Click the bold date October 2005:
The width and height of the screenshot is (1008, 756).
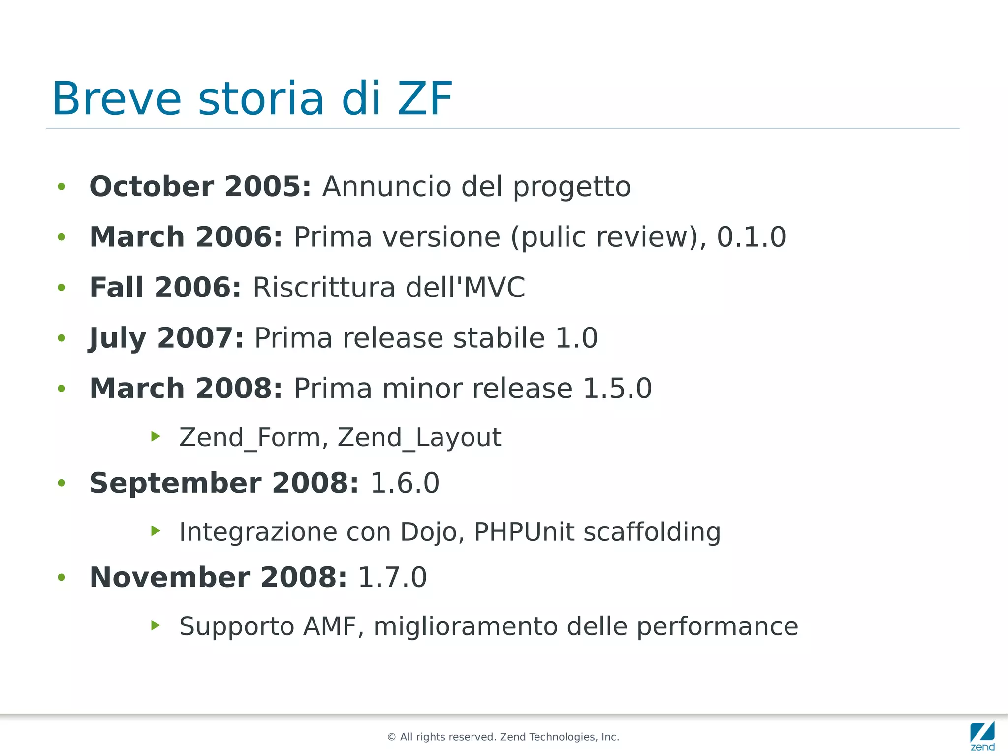[x=200, y=187]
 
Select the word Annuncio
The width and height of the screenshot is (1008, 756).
[x=386, y=187]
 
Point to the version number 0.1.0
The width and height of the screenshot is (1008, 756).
[x=751, y=237]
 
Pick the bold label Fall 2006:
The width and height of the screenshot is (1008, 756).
[x=165, y=287]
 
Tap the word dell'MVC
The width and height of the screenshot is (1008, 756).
[x=466, y=287]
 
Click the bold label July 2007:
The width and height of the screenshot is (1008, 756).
[x=166, y=338]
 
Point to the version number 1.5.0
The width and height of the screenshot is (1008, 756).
[x=617, y=389]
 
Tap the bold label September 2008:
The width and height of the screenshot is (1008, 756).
[x=224, y=483]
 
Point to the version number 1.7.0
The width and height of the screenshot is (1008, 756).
[x=392, y=577]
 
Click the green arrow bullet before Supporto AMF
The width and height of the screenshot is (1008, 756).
[x=156, y=625]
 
